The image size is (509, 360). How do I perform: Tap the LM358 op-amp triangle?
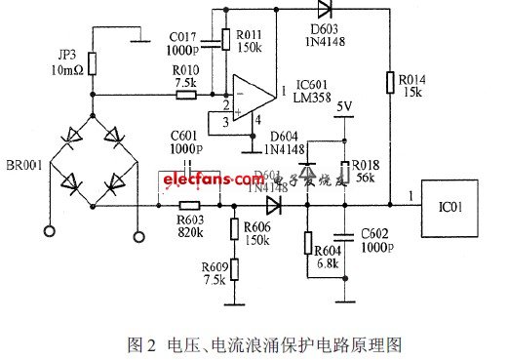point(250,95)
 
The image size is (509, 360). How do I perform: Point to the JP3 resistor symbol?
point(93,63)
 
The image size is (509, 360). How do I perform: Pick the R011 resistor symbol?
point(226,39)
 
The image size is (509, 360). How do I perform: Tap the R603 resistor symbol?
point(189,206)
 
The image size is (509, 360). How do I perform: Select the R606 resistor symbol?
point(234,230)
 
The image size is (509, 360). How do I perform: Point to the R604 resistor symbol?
point(308,244)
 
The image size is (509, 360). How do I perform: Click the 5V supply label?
point(344,106)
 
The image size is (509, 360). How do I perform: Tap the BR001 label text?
point(21,166)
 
